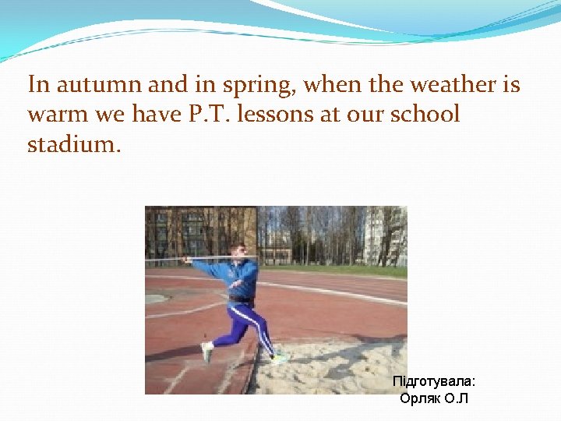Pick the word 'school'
click(x=424, y=115)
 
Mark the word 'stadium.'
click(x=74, y=145)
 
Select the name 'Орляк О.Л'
click(x=434, y=398)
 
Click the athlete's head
click(x=240, y=251)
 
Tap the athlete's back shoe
click(x=206, y=352)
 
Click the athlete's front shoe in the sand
click(x=278, y=359)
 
